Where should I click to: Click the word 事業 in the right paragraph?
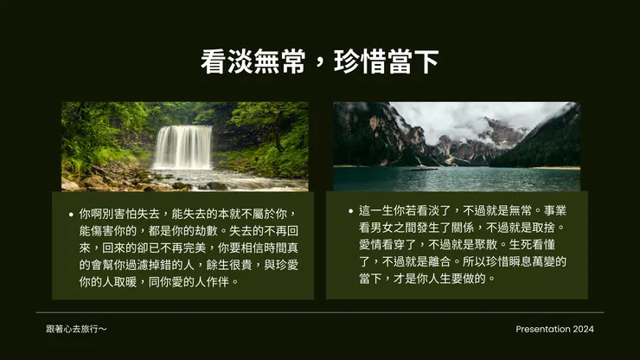tap(554, 210)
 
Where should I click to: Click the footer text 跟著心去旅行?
tap(76, 329)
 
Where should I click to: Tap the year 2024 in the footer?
tap(583, 329)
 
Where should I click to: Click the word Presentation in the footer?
tap(542, 329)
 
